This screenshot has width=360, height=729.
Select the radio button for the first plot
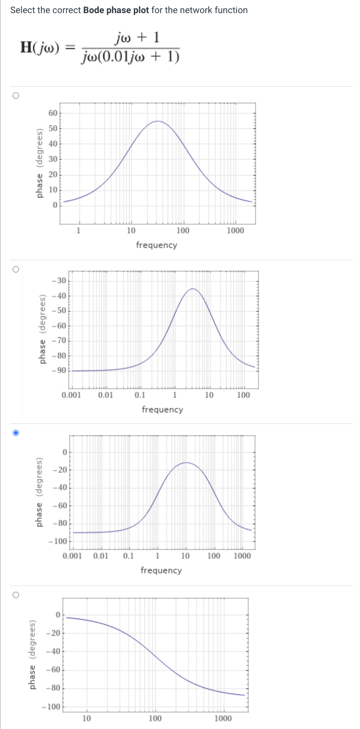pyautogui.click(x=16, y=96)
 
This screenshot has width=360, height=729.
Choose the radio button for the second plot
pyautogui.click(x=16, y=269)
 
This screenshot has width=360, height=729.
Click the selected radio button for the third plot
pyautogui.click(x=16, y=433)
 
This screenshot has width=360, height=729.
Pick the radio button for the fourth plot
pyautogui.click(x=16, y=594)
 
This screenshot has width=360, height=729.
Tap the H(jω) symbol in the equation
pyautogui.click(x=39, y=47)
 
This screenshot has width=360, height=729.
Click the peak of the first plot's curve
pyautogui.click(x=157, y=121)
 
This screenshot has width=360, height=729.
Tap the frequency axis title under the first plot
pyautogui.click(x=157, y=245)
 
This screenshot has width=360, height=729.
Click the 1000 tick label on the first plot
pyautogui.click(x=235, y=230)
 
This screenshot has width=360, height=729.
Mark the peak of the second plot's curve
pyautogui.click(x=193, y=289)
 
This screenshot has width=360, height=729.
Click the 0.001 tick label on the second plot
pyautogui.click(x=72, y=395)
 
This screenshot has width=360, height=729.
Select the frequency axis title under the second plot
pyautogui.click(x=162, y=409)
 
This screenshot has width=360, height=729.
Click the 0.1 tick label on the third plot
pyautogui.click(x=129, y=556)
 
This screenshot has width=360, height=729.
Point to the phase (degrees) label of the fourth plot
pyautogui.click(x=33, y=655)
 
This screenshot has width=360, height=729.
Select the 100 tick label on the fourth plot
pyautogui.click(x=155, y=718)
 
